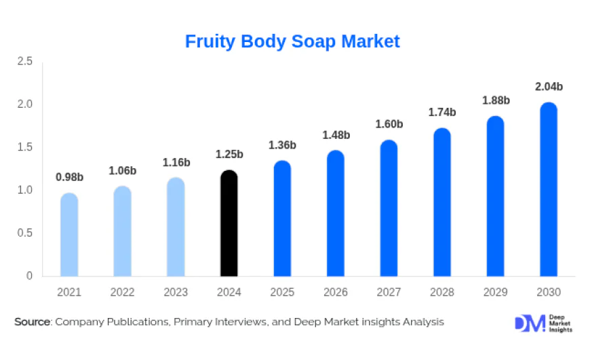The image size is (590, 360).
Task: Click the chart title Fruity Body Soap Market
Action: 292,41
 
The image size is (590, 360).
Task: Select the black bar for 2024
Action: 229,224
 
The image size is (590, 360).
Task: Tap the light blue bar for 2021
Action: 69,235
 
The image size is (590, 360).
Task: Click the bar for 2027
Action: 389,209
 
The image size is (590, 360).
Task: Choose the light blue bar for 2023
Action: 176,227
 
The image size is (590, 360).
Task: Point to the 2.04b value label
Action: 549,87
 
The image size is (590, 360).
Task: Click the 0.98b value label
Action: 69,178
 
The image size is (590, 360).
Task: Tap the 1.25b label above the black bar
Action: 229,155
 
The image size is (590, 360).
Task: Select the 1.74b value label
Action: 442,113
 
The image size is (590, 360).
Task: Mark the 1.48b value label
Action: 336,135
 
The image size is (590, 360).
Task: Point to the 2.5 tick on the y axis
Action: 25,62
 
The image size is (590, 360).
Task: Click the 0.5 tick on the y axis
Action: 25,233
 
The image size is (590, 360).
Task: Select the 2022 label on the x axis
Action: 123,292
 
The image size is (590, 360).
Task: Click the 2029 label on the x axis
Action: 495,292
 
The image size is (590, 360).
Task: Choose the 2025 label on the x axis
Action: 282,292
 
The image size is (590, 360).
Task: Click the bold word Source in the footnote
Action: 33,322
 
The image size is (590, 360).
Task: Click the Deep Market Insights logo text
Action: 560,323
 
